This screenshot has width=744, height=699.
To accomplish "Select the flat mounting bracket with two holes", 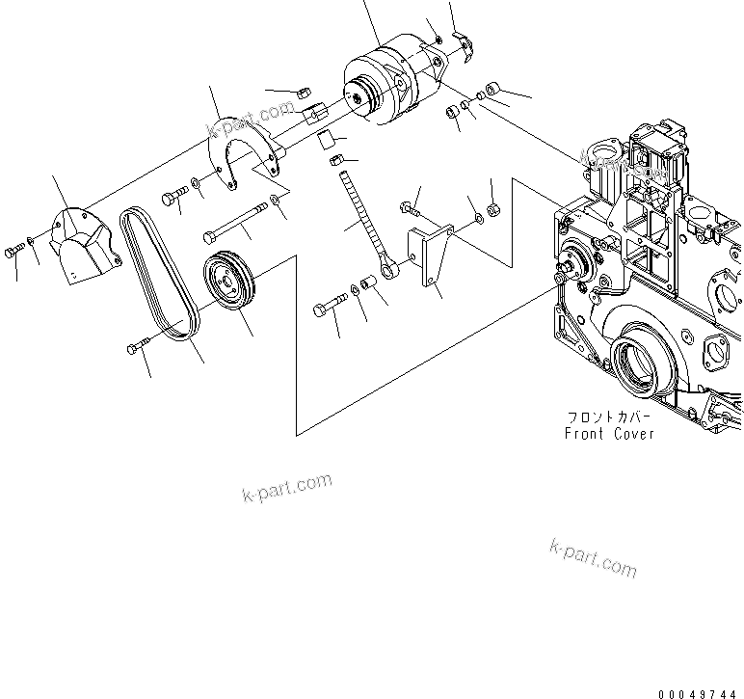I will point(430,255).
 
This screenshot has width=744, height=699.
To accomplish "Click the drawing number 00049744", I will point(701,691).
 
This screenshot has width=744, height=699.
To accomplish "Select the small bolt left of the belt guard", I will point(13,251).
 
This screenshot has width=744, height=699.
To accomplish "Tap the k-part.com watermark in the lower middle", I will point(285,488).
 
